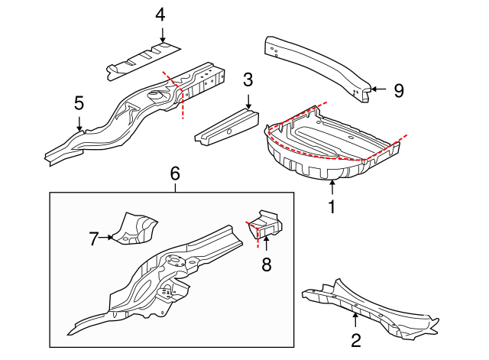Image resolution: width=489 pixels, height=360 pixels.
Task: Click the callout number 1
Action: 332,207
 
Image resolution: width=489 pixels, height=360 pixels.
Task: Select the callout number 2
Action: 356,340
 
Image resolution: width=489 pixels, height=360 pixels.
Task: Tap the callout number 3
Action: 248,79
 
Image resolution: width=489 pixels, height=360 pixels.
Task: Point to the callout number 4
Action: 160,15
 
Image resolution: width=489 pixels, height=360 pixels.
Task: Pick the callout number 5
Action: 79,103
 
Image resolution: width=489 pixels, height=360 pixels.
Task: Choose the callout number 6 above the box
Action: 175,174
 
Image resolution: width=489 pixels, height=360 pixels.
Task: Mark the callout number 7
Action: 93,239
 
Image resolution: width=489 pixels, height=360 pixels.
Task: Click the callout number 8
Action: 267,265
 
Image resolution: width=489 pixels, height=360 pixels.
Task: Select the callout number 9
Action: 399,91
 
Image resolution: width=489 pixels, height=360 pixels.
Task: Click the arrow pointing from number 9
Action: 379,89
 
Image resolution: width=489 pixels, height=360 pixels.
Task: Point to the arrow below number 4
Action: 162,35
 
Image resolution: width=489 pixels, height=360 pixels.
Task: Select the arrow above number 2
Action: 355,320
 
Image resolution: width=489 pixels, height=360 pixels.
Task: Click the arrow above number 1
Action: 332,187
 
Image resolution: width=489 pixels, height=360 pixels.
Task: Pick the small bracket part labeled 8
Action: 265,224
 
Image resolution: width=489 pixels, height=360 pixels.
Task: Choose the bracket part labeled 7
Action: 134,229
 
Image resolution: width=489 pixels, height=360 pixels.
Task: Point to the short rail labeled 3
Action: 228,128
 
